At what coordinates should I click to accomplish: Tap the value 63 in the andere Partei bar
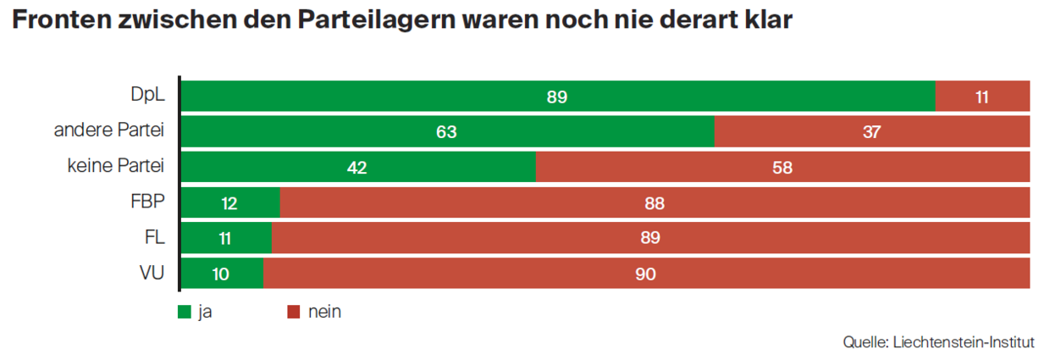pyautogui.click(x=446, y=132)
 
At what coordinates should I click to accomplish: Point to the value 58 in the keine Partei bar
pyautogui.click(x=782, y=168)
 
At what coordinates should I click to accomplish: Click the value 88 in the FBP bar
pyautogui.click(x=654, y=203)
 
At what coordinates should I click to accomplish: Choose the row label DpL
pyautogui.click(x=147, y=95)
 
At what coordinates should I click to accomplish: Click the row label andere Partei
pyautogui.click(x=108, y=130)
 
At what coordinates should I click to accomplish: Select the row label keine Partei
pyautogui.click(x=115, y=166)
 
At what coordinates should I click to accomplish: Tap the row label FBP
pyautogui.click(x=147, y=202)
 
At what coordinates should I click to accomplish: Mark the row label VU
pyautogui.click(x=152, y=273)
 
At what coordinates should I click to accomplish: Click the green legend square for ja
pyautogui.click(x=185, y=312)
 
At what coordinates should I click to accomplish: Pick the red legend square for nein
pyautogui.click(x=294, y=312)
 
